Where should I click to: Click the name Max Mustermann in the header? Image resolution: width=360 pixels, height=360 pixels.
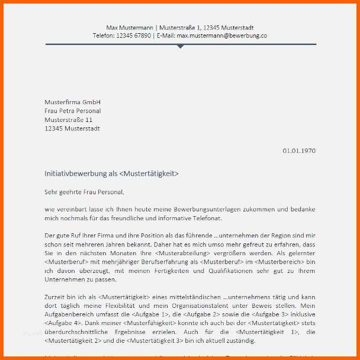click(129, 27)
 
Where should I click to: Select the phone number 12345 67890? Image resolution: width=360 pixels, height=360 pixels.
click(133, 36)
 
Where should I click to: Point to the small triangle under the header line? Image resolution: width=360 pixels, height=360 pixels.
click(181, 46)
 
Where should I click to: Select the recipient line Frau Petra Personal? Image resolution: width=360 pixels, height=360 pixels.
click(73, 111)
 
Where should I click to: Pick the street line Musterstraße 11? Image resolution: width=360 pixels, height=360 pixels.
click(68, 120)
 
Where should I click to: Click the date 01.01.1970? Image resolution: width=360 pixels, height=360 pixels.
click(299, 150)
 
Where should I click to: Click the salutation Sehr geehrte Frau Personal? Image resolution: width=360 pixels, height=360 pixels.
click(85, 191)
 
